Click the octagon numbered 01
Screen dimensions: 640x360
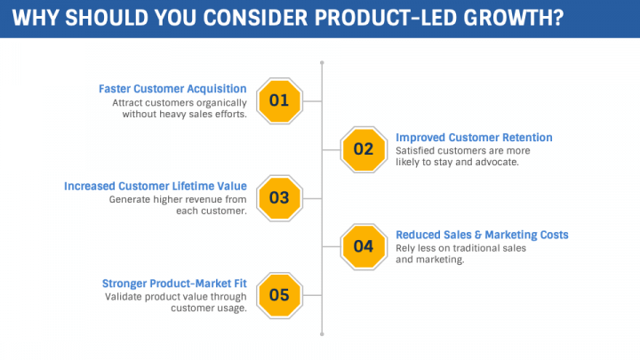[280, 100]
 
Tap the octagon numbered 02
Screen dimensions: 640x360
[364, 149]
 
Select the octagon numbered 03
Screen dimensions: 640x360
[280, 198]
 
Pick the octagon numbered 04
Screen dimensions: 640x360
[364, 246]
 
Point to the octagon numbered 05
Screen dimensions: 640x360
[280, 295]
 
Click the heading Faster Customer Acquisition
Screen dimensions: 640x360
[172, 89]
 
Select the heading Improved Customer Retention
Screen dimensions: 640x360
[474, 138]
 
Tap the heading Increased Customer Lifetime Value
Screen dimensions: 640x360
[156, 186]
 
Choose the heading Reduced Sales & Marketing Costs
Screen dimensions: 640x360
[482, 235]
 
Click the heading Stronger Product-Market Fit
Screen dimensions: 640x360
[174, 284]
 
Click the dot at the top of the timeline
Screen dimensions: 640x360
[322, 62]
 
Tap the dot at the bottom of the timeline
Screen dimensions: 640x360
[322, 334]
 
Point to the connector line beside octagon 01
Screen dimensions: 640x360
[312, 101]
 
